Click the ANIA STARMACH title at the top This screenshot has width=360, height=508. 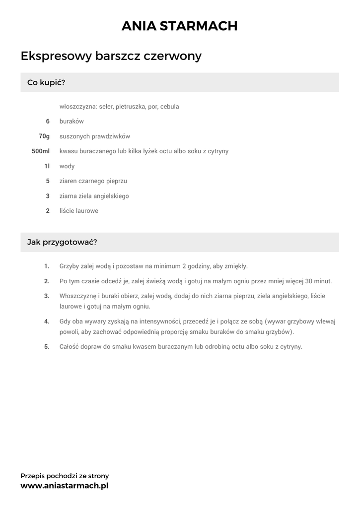180,26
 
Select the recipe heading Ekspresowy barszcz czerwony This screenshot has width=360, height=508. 111,56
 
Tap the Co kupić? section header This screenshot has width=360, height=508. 46,82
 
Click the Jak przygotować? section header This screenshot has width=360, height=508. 62,242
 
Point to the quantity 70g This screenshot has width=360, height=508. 44,136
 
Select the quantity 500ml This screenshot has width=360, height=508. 41,151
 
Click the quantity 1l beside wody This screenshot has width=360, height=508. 47,166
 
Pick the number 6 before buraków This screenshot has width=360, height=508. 48,121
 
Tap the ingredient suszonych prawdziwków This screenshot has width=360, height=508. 94,136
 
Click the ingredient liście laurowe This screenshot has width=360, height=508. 79,211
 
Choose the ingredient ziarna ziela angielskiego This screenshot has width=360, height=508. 94,196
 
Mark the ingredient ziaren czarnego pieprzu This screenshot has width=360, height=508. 93,181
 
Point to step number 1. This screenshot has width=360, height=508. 47,266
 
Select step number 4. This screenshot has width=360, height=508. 47,321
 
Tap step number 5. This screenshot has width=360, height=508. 47,347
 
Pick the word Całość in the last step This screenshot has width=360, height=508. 71,347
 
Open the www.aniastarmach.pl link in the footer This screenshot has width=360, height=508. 64,486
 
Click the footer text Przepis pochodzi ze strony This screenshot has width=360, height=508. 65,476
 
